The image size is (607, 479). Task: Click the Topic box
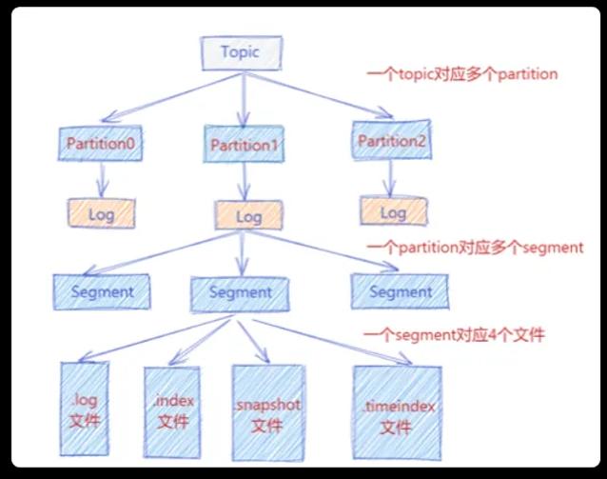tap(241, 53)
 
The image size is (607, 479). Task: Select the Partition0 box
tap(100, 143)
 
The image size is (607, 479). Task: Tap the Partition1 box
tap(244, 144)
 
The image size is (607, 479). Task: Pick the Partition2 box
tap(391, 140)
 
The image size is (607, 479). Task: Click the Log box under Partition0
tap(102, 213)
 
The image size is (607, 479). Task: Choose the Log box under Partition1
tap(248, 215)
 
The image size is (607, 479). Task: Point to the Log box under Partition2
tap(393, 211)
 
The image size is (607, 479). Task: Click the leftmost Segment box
tap(102, 291)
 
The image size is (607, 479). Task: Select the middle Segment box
tap(240, 294)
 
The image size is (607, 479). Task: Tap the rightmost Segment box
tap(401, 291)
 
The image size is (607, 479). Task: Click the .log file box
tap(85, 409)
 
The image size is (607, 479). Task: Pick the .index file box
tap(172, 412)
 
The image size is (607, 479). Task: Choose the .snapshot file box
tap(268, 412)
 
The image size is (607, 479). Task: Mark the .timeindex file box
tap(397, 412)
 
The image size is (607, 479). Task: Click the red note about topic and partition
tap(461, 74)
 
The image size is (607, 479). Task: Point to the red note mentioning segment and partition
tap(475, 248)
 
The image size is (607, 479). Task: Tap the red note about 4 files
tap(454, 335)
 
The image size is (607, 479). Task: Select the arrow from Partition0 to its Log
tap(102, 180)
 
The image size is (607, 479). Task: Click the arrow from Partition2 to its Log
tap(390, 178)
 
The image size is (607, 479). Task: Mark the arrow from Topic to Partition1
tap(244, 100)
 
